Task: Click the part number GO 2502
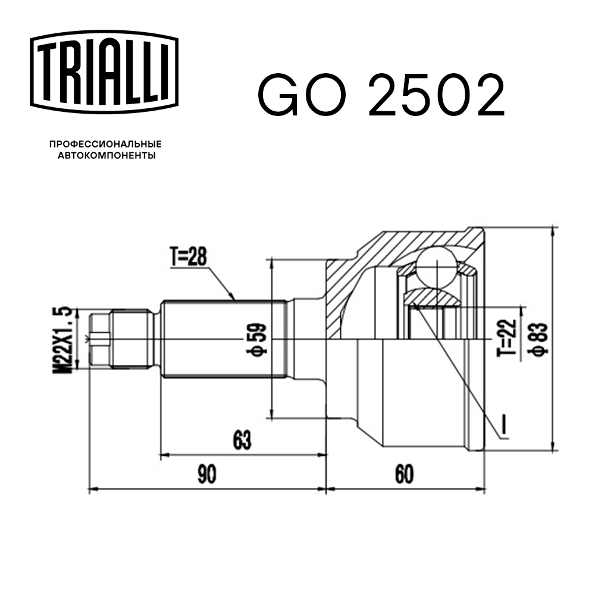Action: click(x=381, y=95)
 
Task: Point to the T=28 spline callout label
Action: click(x=189, y=257)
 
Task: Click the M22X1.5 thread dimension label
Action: click(x=65, y=340)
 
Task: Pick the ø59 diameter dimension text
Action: click(x=258, y=339)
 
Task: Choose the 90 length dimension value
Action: click(x=206, y=474)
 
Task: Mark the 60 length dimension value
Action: click(x=404, y=474)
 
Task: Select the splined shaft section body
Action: click(x=223, y=340)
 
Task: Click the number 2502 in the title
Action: click(x=437, y=95)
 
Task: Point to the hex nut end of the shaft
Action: click(x=99, y=340)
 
